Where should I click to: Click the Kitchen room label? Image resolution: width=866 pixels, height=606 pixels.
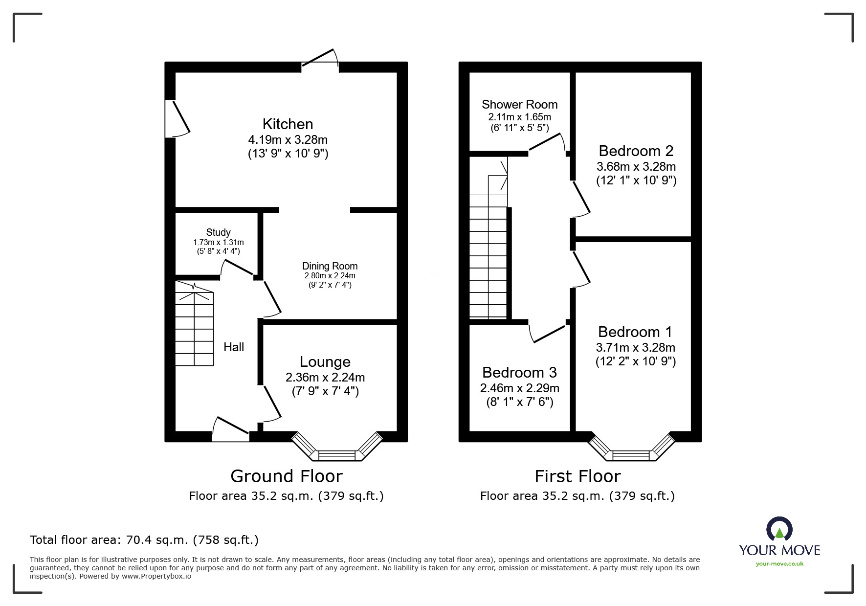tap(288, 124)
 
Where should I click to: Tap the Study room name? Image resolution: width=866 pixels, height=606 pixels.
tap(218, 232)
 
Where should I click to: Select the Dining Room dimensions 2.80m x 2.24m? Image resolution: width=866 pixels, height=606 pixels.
tap(330, 276)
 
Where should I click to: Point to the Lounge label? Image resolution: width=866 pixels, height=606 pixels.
tap(325, 362)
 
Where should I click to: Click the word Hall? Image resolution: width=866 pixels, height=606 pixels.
tap(234, 347)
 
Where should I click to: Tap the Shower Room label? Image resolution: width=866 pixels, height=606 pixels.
tap(519, 105)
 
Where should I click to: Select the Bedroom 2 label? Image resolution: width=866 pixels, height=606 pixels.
tap(636, 151)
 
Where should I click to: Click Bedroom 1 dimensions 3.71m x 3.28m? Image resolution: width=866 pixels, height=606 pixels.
tap(635, 348)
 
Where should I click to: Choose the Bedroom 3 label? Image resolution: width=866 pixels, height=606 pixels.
tap(519, 373)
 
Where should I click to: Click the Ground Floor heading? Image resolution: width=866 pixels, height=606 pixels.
tap(286, 476)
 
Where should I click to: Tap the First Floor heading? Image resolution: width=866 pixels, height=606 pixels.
tap(577, 476)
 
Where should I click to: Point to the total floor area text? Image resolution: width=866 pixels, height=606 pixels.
tap(144, 540)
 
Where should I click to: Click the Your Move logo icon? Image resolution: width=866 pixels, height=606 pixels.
tap(779, 530)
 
